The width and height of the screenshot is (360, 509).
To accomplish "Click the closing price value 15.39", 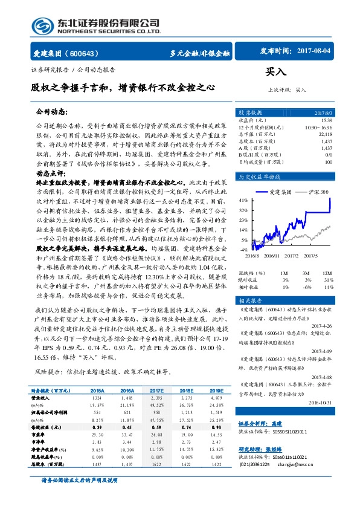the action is (x=327, y=121).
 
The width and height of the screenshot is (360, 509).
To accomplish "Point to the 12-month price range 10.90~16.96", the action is (x=318, y=128).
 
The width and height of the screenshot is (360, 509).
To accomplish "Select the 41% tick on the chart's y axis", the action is (x=243, y=199).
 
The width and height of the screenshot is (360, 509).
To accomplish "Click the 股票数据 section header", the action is (x=250, y=112).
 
